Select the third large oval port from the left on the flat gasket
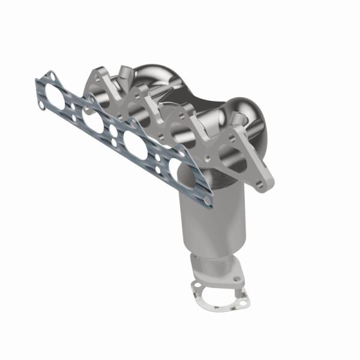coord(136,146)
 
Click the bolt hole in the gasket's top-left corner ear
coord(50,76)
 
